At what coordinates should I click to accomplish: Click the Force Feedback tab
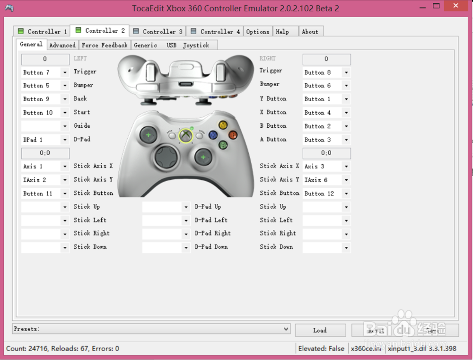tap(104, 45)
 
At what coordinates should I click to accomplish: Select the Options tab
tap(257, 32)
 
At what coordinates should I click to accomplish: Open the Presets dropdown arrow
tap(286, 329)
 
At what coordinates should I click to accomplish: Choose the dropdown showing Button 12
tap(326, 193)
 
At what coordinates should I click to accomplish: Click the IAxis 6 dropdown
tap(326, 180)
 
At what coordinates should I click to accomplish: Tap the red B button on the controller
tap(233, 135)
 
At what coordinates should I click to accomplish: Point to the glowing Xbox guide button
tap(186, 136)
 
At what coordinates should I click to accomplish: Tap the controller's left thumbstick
tap(149, 136)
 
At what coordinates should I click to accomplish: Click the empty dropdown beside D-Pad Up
tap(166, 207)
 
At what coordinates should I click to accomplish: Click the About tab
tap(310, 32)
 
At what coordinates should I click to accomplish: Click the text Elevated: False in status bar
tap(321, 349)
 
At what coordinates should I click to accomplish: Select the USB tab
tap(171, 45)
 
